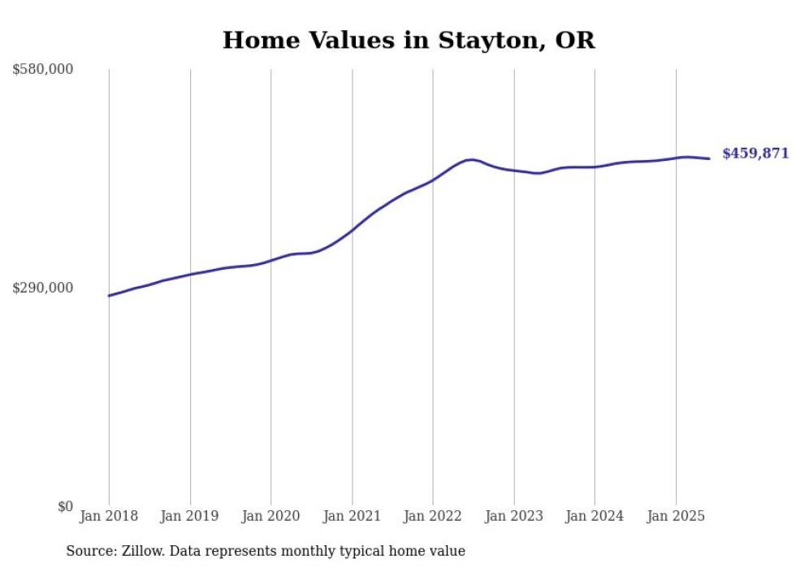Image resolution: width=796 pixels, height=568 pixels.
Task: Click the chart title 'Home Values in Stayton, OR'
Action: click(409, 40)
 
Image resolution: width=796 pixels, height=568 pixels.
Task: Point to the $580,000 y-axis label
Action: click(43, 70)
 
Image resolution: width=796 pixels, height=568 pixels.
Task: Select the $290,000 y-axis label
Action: click(43, 288)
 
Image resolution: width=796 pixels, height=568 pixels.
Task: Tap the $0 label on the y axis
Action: click(65, 506)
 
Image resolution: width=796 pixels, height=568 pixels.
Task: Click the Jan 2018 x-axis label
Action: click(109, 516)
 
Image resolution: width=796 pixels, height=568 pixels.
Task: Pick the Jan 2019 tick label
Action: click(190, 516)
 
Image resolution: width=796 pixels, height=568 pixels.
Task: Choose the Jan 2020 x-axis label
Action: click(270, 516)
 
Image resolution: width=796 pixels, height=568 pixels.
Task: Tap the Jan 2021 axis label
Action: click(352, 516)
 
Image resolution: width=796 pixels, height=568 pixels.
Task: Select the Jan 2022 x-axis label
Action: click(433, 516)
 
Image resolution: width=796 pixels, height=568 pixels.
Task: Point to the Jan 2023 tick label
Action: click(513, 516)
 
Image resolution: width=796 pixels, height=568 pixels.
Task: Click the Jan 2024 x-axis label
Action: click(595, 516)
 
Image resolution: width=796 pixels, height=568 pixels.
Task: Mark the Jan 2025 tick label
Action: click(676, 516)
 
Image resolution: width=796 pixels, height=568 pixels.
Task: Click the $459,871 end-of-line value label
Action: click(755, 154)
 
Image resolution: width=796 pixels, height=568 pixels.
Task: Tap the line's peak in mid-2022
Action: click(471, 159)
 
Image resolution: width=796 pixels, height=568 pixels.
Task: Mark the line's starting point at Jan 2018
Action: click(109, 296)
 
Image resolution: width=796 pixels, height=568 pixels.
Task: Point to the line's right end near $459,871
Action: click(710, 158)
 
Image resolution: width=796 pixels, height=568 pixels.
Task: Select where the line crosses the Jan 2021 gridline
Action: click(352, 230)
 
